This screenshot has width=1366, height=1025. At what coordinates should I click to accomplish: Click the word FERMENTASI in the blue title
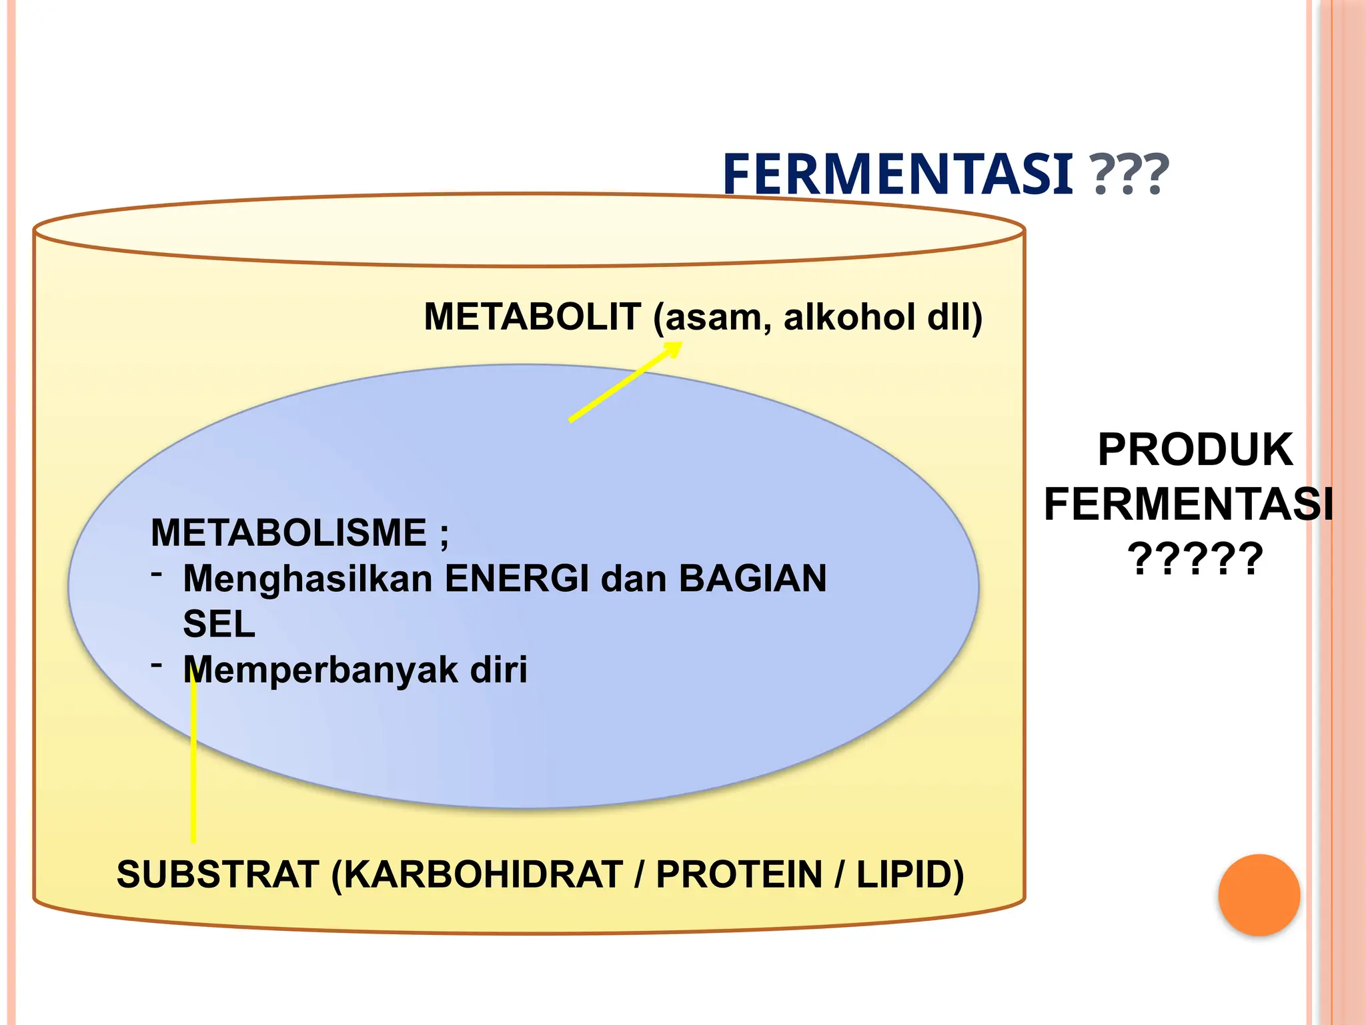(x=897, y=174)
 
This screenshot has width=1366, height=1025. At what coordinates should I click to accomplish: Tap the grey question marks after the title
(x=1129, y=176)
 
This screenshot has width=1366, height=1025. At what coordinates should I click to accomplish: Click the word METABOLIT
(x=532, y=316)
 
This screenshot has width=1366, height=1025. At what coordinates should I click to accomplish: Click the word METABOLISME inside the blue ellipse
(x=288, y=533)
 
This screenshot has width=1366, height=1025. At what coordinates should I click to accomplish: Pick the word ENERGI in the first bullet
(x=517, y=578)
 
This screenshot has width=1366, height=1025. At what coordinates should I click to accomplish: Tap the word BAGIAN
(x=752, y=578)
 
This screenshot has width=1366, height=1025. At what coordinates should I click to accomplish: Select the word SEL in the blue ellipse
(x=219, y=624)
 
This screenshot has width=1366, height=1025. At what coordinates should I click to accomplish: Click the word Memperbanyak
(x=320, y=669)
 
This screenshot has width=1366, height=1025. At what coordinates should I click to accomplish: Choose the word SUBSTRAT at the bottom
(x=217, y=874)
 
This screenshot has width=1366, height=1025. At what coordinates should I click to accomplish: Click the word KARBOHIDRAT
(x=484, y=874)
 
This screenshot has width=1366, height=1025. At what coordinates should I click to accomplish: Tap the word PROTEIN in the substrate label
(x=739, y=874)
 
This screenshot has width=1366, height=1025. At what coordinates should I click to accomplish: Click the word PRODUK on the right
(x=1195, y=450)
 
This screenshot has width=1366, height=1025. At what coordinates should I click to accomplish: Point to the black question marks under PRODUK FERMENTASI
(x=1195, y=559)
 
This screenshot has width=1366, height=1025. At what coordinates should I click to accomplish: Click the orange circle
(x=1259, y=895)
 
